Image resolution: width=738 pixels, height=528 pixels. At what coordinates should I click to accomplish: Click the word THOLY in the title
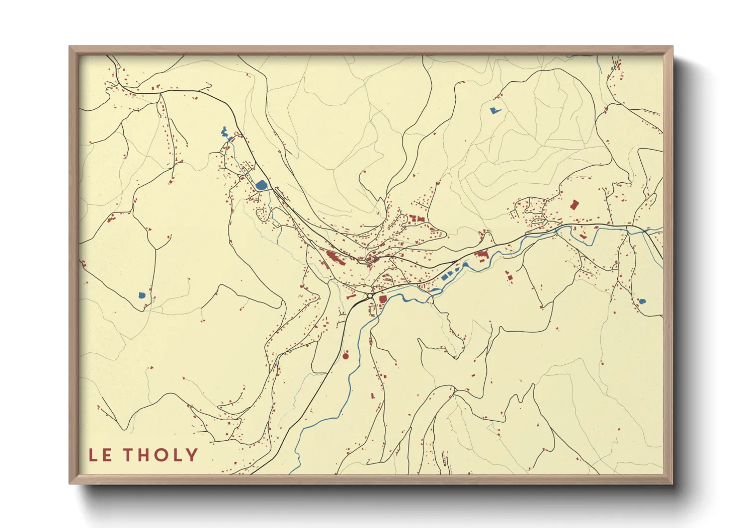click(161, 455)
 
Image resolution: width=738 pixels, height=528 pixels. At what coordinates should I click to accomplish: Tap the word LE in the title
click(100, 455)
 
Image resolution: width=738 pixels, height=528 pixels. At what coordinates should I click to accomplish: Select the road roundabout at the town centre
click(369, 296)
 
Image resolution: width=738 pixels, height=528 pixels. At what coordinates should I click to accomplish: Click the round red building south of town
click(345, 356)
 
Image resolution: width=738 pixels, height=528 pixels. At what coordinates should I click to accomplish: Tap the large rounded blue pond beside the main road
click(261, 185)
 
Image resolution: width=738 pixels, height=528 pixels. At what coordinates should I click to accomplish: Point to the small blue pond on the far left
click(142, 295)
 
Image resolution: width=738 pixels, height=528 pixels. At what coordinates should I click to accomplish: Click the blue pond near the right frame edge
click(642, 301)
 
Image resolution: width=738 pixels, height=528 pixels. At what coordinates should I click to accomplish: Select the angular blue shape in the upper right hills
click(494, 110)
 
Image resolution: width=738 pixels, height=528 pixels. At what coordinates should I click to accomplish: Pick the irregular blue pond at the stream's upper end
click(224, 132)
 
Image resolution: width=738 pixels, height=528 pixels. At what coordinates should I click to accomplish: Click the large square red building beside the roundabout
click(383, 299)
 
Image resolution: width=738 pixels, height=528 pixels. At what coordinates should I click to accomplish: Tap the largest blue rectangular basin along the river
click(444, 276)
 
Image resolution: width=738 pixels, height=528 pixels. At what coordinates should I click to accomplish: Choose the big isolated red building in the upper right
click(574, 205)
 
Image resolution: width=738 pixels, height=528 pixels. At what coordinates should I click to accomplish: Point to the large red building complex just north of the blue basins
click(481, 257)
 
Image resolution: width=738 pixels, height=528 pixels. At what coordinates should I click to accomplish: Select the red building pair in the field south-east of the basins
click(508, 277)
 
